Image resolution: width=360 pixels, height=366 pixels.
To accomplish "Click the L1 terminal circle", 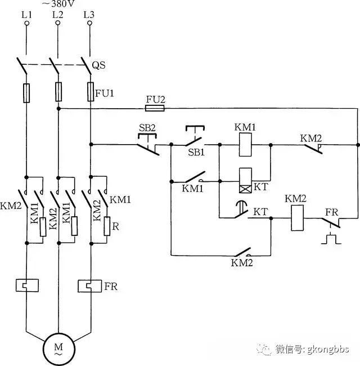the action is tap(27, 23).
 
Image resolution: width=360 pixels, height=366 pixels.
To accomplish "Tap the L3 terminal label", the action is tap(89, 15).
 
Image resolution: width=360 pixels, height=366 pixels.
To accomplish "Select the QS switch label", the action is tap(98, 65).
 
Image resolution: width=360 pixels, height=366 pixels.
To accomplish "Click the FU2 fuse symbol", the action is tap(155, 108).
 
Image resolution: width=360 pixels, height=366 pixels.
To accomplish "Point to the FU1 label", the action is tap(105, 93).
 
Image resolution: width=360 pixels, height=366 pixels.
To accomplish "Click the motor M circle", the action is tap(58, 349).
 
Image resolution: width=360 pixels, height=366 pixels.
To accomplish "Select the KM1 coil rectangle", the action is tap(245, 145).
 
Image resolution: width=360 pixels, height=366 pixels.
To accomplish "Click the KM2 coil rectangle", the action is tap(298, 218).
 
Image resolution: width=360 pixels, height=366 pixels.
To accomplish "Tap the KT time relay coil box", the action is tap(245, 180).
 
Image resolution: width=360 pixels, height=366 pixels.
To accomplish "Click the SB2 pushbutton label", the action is tap(147, 128).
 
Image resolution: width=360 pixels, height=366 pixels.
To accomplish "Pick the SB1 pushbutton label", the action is tap(196, 153).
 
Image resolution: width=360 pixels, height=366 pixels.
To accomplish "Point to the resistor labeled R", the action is tap(107, 226).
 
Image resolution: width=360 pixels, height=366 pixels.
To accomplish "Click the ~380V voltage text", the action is tap(58, 3).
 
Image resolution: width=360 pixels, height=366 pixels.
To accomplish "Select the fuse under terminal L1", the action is tap(26, 93).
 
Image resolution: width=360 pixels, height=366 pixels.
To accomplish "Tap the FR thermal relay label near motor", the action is tap(111, 287).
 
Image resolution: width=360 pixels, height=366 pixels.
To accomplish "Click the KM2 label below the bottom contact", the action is tap(242, 263).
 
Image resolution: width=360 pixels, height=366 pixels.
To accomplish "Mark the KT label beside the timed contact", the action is tap(260, 212).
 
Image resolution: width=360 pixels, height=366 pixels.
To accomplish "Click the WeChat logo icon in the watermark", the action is tap(264, 349).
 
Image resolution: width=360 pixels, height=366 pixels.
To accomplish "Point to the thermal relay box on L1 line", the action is tap(27, 285).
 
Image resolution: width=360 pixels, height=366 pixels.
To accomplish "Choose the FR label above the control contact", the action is tap(331, 212).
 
